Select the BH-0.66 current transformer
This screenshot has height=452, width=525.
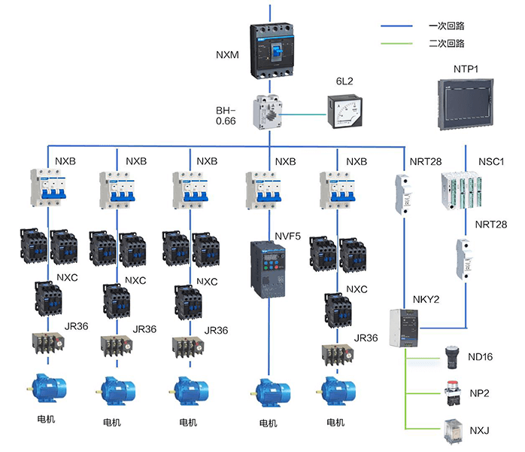269,114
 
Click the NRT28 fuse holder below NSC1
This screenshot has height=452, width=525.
464,258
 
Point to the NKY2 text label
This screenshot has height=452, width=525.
425,298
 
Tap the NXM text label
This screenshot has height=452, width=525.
228,54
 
